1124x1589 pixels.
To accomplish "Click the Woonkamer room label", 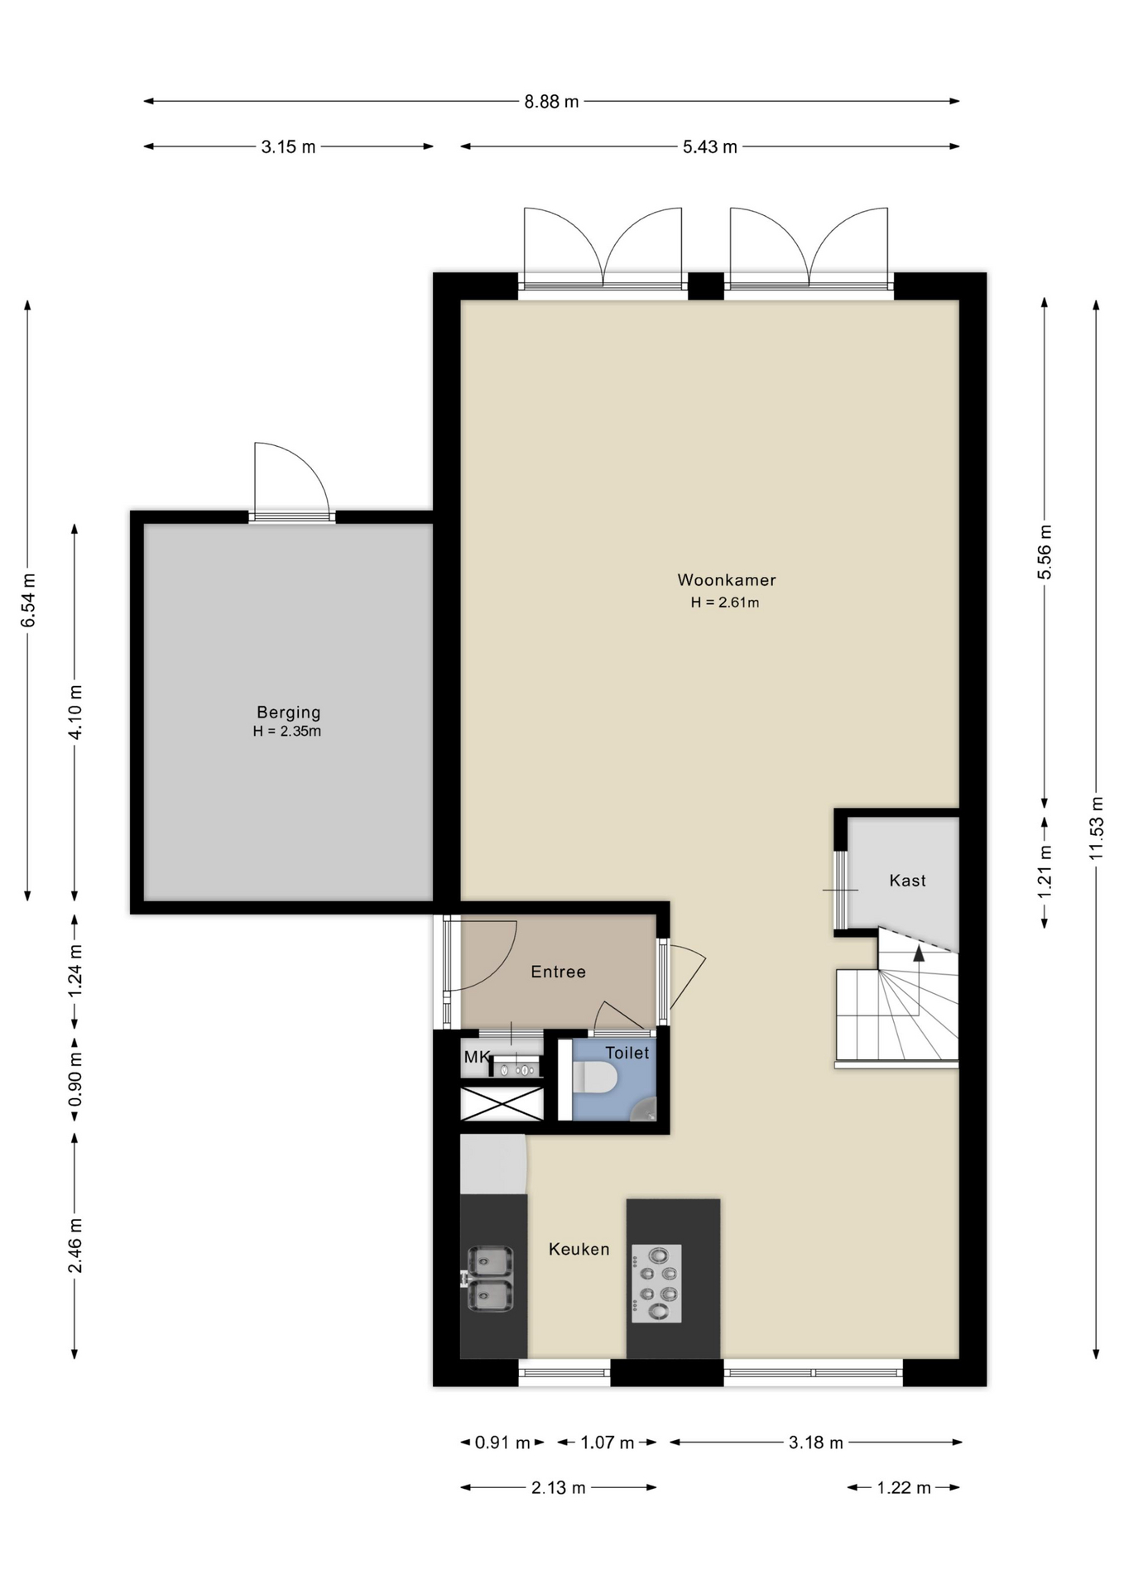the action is point(727,580).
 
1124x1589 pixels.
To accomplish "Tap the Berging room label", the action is point(288,712).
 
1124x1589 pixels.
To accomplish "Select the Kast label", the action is point(907,881).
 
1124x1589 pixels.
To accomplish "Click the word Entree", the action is point(558,972).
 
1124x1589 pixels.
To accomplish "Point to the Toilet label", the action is point(627,1053).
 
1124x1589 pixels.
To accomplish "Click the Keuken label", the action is point(579,1249).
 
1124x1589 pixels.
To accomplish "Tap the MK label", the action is point(477,1057).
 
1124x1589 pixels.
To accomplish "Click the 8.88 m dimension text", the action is point(551,102).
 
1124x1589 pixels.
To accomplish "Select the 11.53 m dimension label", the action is point(1097,828).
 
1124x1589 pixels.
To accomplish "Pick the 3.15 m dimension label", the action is point(288,147).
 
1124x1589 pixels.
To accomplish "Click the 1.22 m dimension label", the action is point(904,1488).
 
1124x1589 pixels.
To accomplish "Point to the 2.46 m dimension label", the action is point(75,1246).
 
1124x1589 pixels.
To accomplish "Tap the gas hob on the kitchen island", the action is point(656,1284).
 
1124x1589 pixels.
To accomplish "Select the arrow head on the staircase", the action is point(918,953).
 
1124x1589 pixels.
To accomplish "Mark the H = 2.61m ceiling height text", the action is point(725,602).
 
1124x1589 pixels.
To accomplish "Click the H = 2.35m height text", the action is point(287,732).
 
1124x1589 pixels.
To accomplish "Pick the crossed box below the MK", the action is point(502,1104).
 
